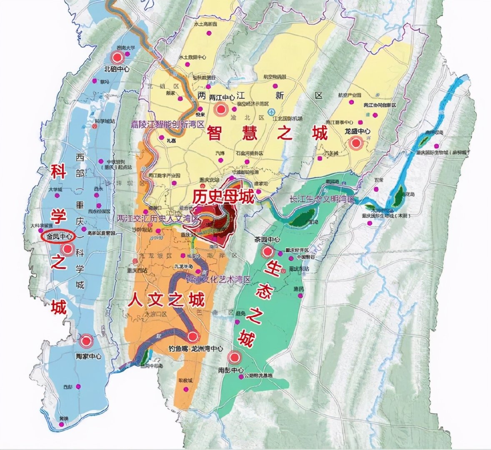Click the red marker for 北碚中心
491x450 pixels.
click(x=118, y=57)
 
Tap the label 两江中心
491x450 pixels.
click(x=222, y=97)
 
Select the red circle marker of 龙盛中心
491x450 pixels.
click(x=356, y=144)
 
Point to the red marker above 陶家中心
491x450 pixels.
click(x=87, y=341)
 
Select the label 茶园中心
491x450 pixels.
click(x=267, y=240)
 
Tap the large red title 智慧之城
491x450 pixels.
click(x=267, y=134)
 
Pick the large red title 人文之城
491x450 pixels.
click(x=166, y=300)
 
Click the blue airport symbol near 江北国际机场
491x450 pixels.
click(x=271, y=112)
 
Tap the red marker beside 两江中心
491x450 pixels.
click(x=220, y=110)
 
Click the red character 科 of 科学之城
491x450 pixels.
click(x=58, y=171)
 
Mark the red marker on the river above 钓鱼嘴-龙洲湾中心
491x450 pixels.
click(x=192, y=337)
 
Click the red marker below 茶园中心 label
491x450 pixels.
click(x=267, y=252)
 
